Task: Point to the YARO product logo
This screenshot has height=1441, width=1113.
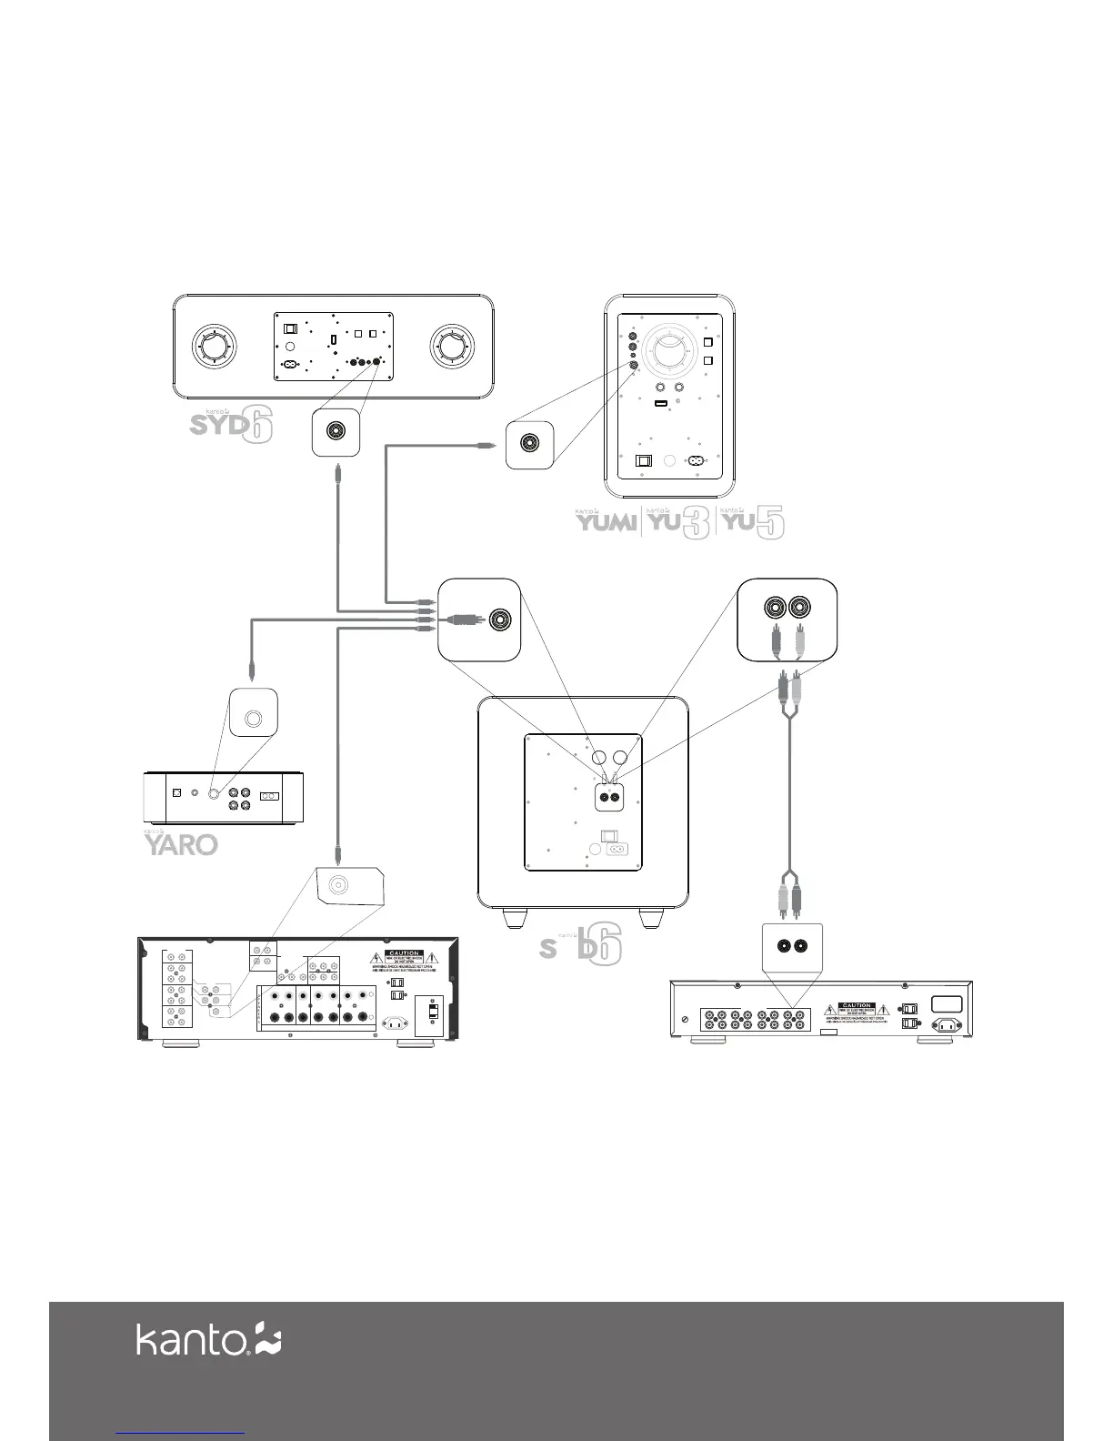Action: (x=181, y=844)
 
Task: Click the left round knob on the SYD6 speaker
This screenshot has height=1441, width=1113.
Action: (x=216, y=347)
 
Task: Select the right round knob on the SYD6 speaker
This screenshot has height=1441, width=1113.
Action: (x=451, y=347)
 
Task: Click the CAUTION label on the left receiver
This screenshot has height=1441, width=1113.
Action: (x=403, y=954)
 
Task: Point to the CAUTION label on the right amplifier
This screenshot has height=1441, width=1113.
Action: (x=857, y=1006)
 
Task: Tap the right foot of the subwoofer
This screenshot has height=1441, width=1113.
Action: (x=652, y=918)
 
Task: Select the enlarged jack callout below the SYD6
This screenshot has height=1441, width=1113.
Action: (x=335, y=432)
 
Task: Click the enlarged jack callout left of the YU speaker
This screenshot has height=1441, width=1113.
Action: (x=530, y=444)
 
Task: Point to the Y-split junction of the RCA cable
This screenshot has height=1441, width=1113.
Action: (x=789, y=714)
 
